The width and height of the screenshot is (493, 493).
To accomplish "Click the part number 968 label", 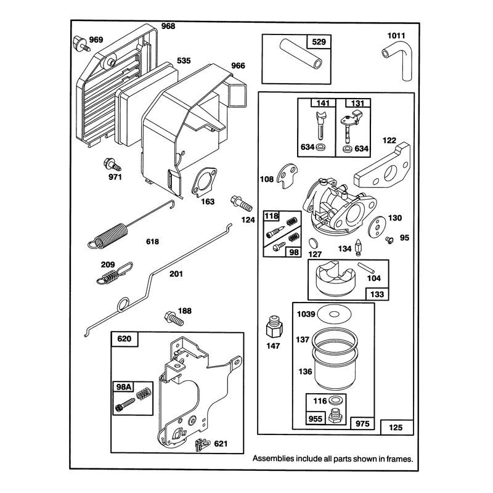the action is point(168,26).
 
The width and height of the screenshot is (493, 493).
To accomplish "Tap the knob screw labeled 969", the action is point(81,43).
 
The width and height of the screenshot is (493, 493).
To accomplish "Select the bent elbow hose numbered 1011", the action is point(397,60).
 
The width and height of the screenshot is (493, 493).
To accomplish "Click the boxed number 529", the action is point(319,42).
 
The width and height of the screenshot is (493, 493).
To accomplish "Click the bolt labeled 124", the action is point(242,204).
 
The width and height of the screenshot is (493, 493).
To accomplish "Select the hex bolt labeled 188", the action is point(174,319).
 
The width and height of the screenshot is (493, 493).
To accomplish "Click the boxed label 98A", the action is point(124,387).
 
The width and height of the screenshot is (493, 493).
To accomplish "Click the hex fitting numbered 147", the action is point(274,328).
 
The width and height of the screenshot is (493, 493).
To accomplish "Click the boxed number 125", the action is point(396,427).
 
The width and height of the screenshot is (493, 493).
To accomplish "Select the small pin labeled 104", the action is point(366,267).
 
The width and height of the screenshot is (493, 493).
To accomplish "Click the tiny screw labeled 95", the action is point(390,240).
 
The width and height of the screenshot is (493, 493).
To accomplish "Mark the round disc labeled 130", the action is point(377,226).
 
